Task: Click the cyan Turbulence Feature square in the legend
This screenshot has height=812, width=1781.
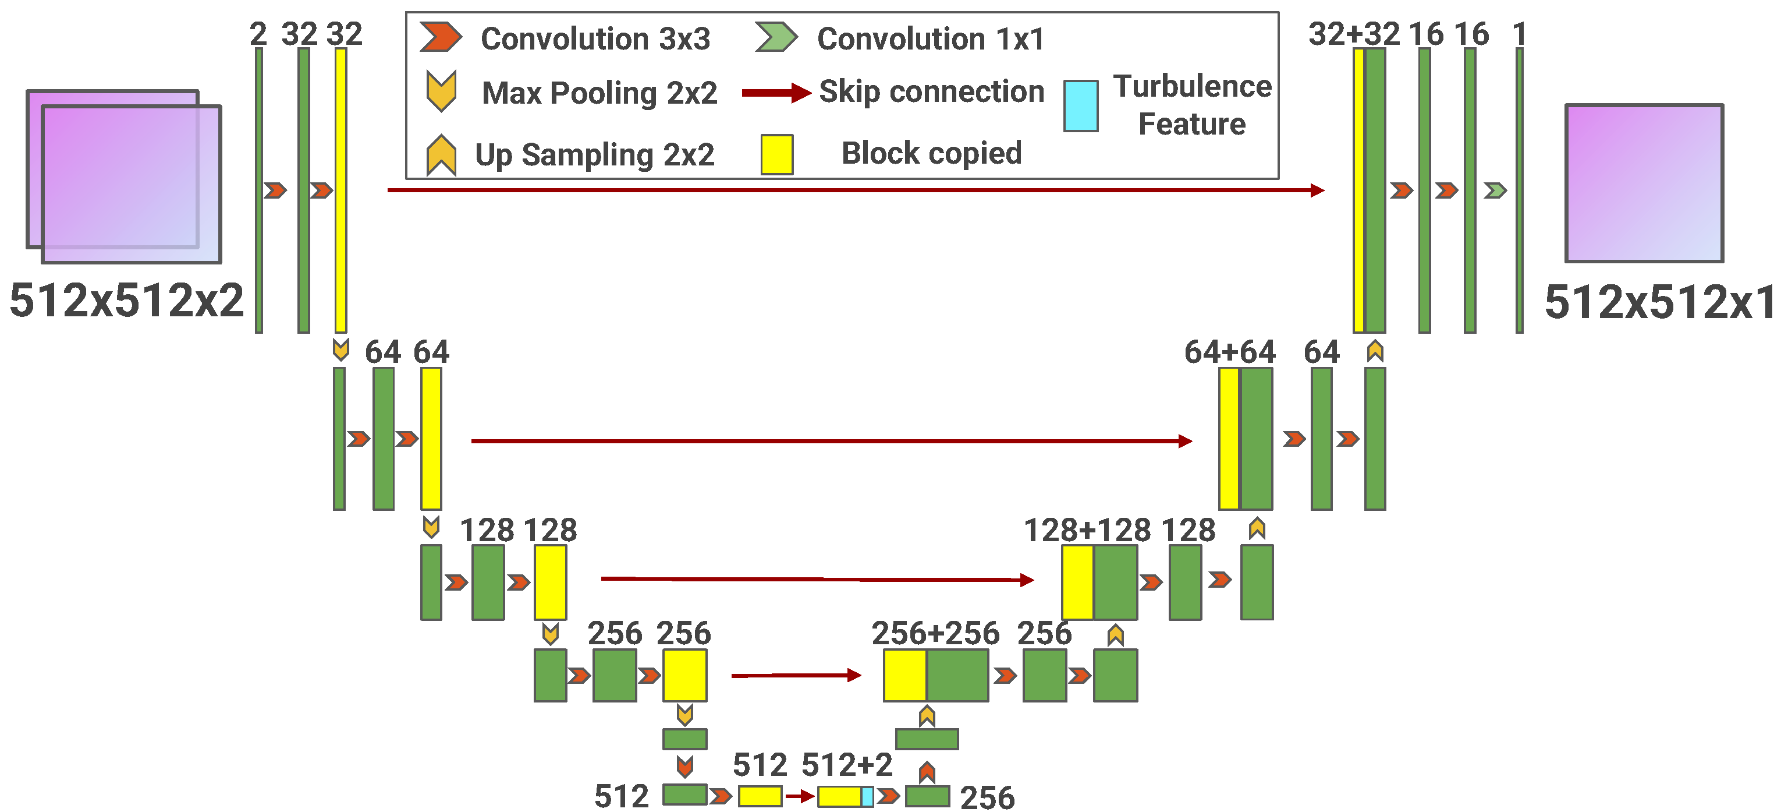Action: [1081, 106]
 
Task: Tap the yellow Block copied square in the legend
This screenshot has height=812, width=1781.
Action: [776, 154]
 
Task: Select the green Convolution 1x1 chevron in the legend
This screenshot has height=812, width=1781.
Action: [776, 37]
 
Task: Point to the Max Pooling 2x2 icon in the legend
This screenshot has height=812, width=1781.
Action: [441, 91]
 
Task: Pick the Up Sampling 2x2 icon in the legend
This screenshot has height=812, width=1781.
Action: [441, 155]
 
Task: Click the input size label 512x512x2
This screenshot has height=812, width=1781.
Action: [126, 300]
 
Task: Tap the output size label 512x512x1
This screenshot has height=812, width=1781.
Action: [1659, 302]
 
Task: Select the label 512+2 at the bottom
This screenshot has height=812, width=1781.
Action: [847, 765]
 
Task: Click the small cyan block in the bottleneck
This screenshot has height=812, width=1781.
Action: [867, 797]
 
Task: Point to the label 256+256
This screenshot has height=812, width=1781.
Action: [935, 633]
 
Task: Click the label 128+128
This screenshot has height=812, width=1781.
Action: [1087, 530]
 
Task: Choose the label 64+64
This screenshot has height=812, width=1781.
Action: [1230, 352]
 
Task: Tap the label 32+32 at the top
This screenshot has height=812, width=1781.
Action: [1354, 34]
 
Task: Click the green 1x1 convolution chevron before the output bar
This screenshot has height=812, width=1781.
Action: [1495, 190]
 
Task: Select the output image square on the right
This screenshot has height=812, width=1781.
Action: [1644, 183]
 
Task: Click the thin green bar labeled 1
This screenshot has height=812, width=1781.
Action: [1519, 190]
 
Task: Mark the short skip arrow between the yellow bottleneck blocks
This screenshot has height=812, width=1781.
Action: [799, 797]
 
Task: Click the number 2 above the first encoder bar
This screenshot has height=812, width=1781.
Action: [258, 34]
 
